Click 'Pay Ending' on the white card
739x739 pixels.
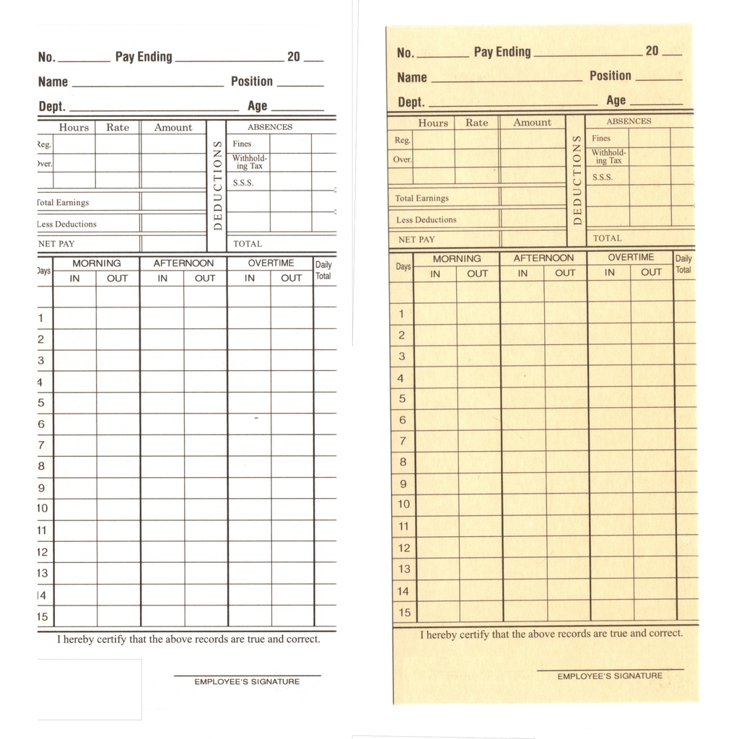tap(144, 57)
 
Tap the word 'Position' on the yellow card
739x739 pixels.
tap(610, 76)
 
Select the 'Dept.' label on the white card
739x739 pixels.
tap(52, 106)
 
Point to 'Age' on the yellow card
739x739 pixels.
tap(616, 100)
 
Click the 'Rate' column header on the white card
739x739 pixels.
tap(118, 128)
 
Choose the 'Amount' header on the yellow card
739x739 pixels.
tap(532, 123)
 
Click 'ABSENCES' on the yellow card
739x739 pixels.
tap(628, 121)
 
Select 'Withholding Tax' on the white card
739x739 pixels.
tap(249, 162)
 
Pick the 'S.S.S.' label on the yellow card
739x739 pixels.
tap(603, 177)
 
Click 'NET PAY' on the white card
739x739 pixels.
tap(56, 244)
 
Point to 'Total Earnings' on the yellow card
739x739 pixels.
tap(421, 198)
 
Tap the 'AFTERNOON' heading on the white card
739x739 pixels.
tap(183, 263)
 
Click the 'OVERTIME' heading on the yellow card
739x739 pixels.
tap(630, 258)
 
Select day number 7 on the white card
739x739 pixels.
tap(41, 445)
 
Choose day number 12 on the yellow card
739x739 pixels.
tap(404, 548)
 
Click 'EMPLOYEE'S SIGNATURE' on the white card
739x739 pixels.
tap(247, 681)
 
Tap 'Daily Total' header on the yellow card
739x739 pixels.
tap(683, 264)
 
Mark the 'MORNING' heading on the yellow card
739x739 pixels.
tap(457, 258)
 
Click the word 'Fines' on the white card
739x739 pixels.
tap(242, 144)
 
